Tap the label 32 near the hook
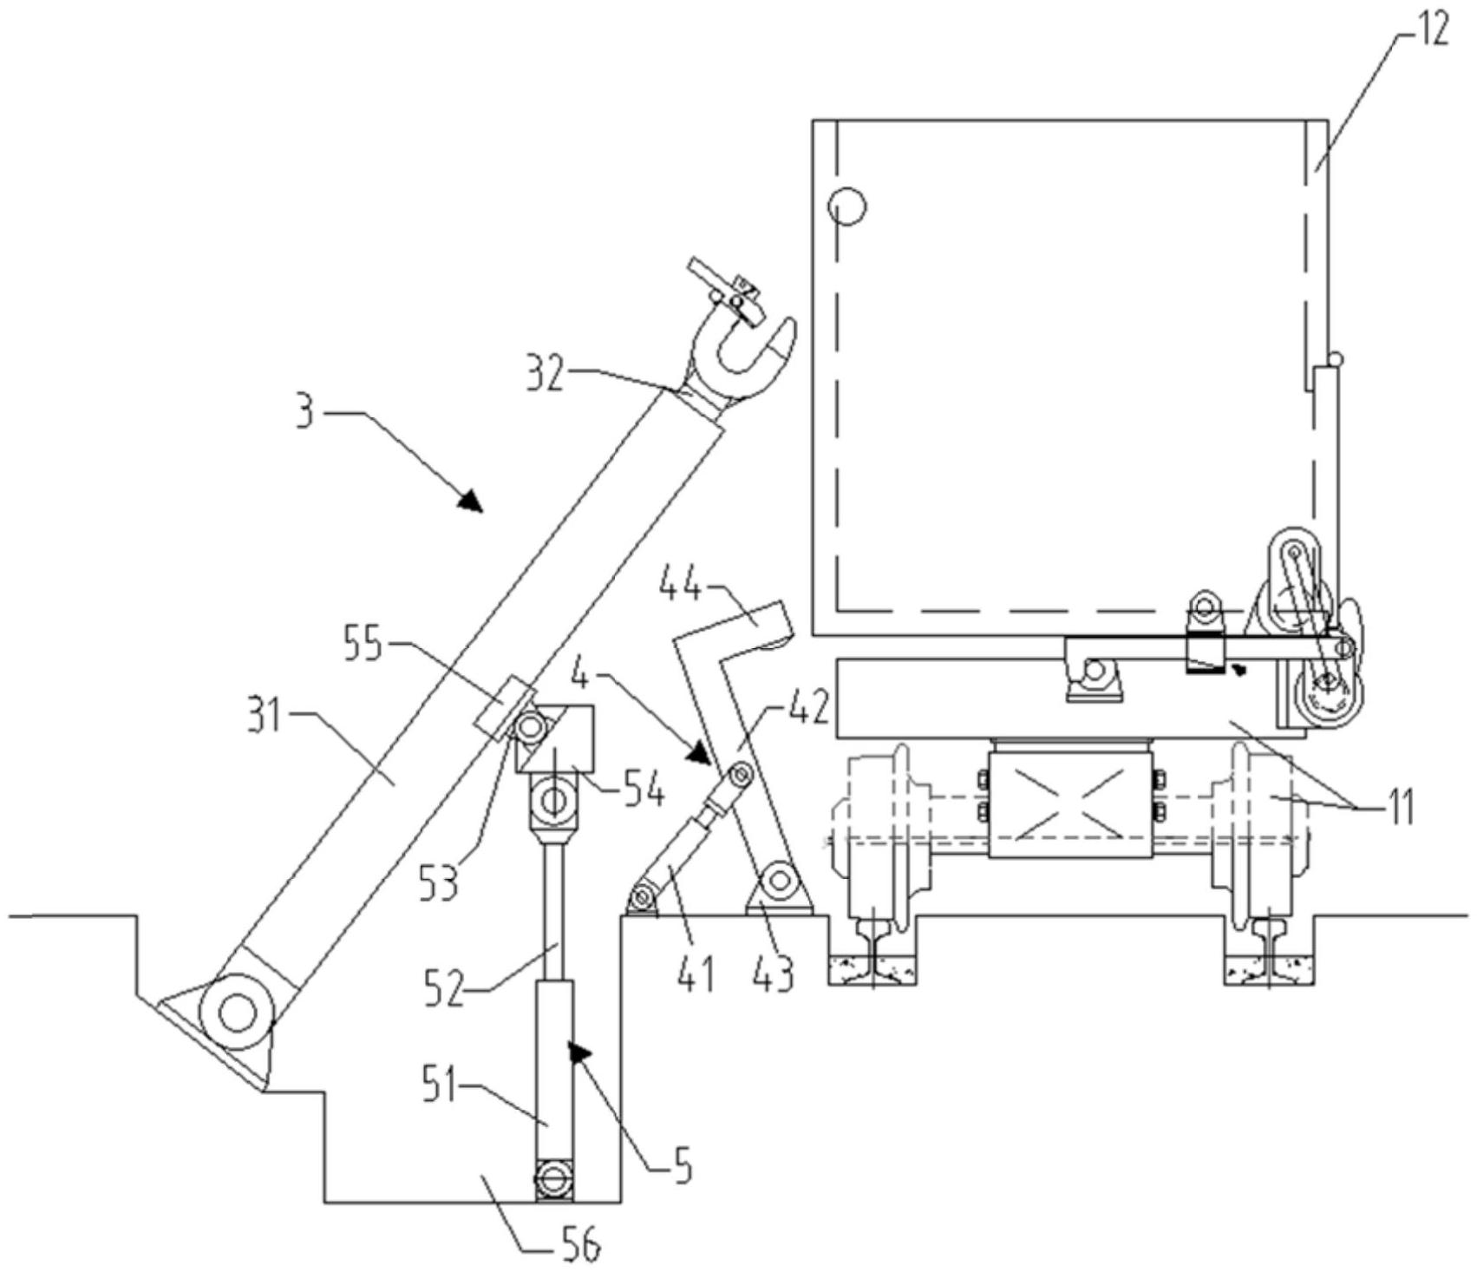(550, 375)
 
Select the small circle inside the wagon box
(846, 208)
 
